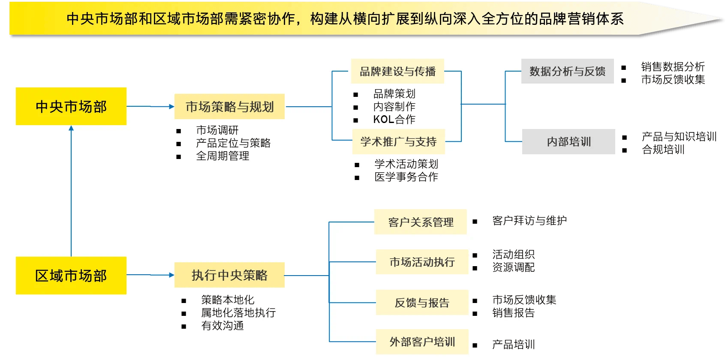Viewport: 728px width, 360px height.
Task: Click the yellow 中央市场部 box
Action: tap(71, 106)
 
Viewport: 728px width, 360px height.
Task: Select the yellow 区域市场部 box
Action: tap(71, 276)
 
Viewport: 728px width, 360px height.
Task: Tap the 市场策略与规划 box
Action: tap(229, 106)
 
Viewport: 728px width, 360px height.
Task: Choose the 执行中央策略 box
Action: tap(229, 275)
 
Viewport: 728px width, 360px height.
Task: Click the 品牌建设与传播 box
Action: tap(397, 71)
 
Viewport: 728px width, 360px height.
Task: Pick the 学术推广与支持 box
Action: tap(398, 141)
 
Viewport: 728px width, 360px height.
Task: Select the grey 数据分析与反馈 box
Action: tap(567, 71)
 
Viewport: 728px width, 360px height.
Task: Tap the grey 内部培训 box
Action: tap(569, 141)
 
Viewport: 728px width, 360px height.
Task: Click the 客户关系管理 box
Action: tap(421, 222)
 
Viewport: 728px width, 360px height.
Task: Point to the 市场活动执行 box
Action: tap(422, 262)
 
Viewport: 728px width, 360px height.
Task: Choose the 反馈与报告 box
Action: tap(422, 303)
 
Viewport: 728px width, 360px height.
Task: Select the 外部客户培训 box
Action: tap(422, 342)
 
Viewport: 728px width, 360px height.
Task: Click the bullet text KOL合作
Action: tap(394, 119)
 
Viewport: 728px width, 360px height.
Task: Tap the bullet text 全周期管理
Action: tap(223, 156)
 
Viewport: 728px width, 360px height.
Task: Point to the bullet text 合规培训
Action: tap(663, 150)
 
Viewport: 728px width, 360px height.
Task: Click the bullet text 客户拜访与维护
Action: tap(529, 221)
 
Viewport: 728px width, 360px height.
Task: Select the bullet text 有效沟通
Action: tap(223, 326)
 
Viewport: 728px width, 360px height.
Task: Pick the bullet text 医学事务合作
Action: tap(406, 177)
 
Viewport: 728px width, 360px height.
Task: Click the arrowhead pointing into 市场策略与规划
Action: tap(171, 106)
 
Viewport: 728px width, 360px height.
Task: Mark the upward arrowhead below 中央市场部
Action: tap(71, 128)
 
